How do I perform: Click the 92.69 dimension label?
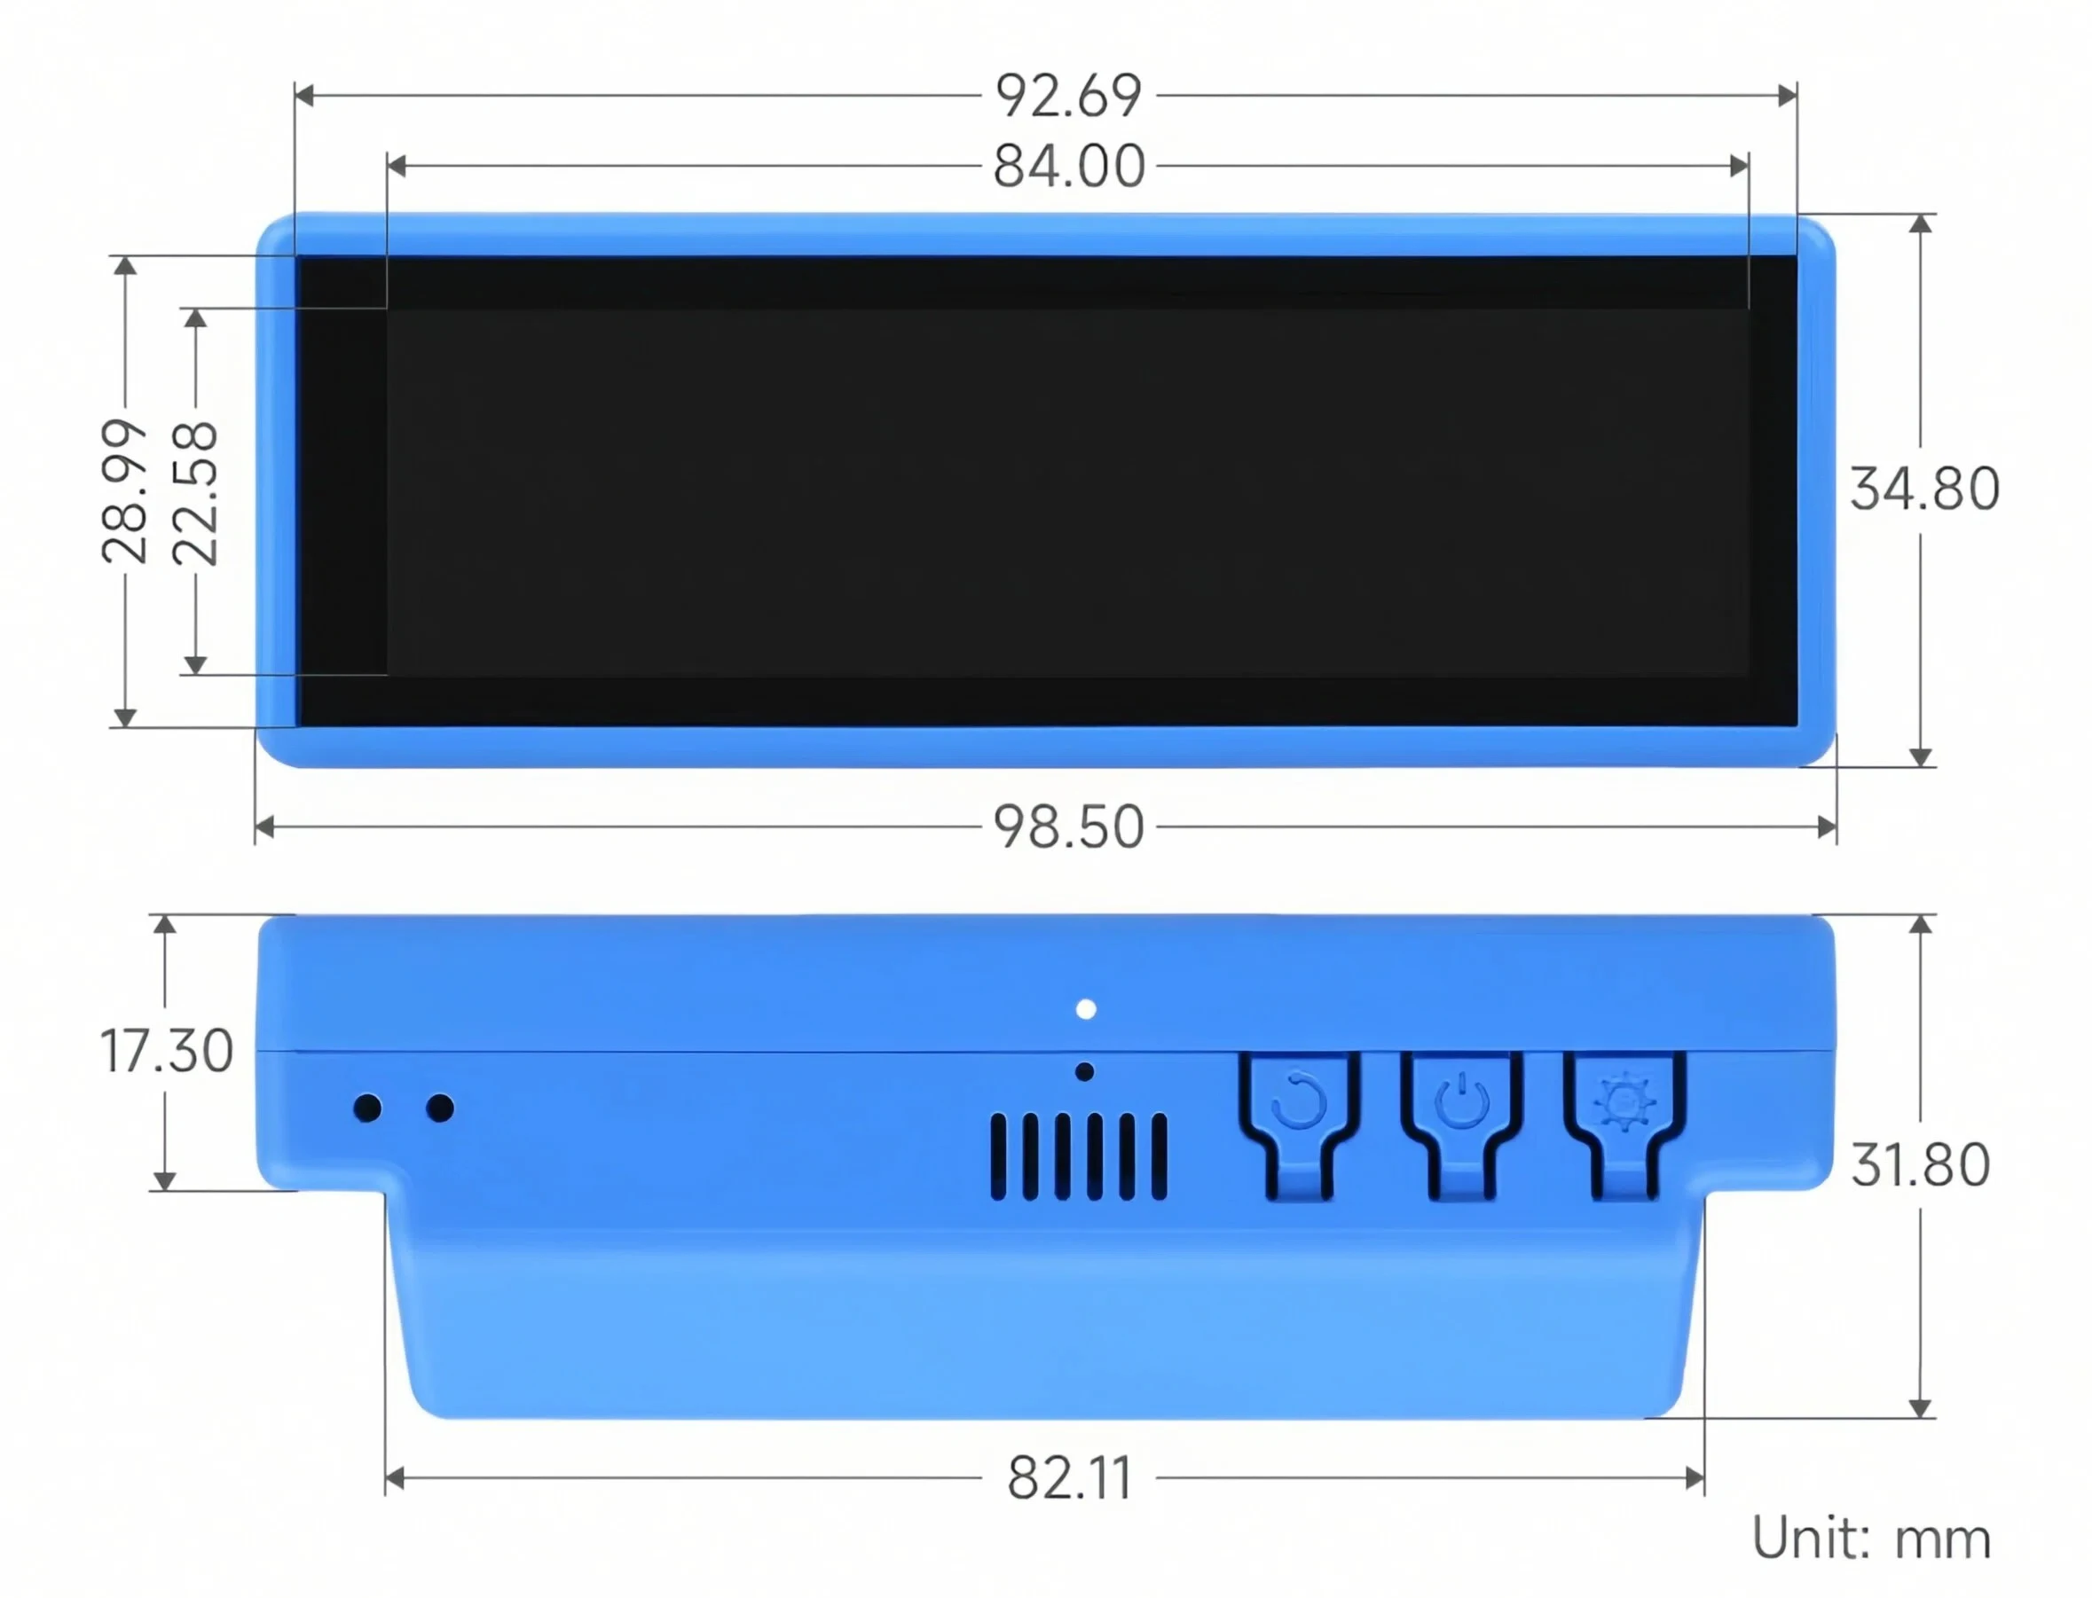click(x=1067, y=96)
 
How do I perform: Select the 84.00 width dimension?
click(x=1068, y=167)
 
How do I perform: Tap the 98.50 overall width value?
click(x=1068, y=826)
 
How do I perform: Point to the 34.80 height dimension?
click(x=1923, y=489)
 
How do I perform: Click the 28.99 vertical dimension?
click(x=124, y=492)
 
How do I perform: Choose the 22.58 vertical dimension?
click(x=195, y=494)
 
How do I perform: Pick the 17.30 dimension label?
click(x=167, y=1051)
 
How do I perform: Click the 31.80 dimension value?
click(x=1921, y=1165)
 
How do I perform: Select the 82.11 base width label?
click(x=1069, y=1478)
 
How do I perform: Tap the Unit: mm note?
click(x=1871, y=1538)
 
